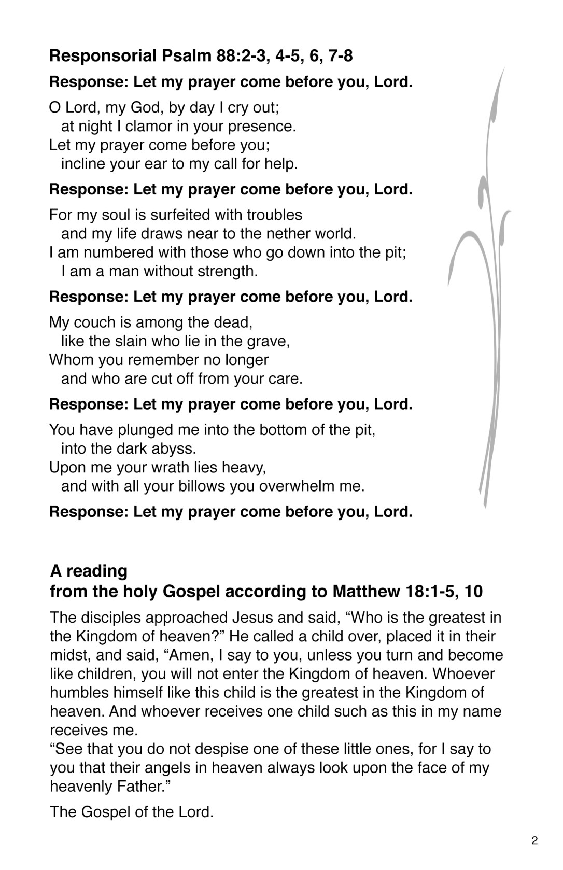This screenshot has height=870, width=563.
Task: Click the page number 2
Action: click(534, 841)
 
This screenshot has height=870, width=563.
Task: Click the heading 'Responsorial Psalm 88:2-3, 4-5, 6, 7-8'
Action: click(201, 55)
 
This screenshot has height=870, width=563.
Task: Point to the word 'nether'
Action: click(288, 233)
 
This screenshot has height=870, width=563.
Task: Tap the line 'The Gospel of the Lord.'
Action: click(131, 811)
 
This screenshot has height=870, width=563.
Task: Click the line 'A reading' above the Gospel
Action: click(89, 571)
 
